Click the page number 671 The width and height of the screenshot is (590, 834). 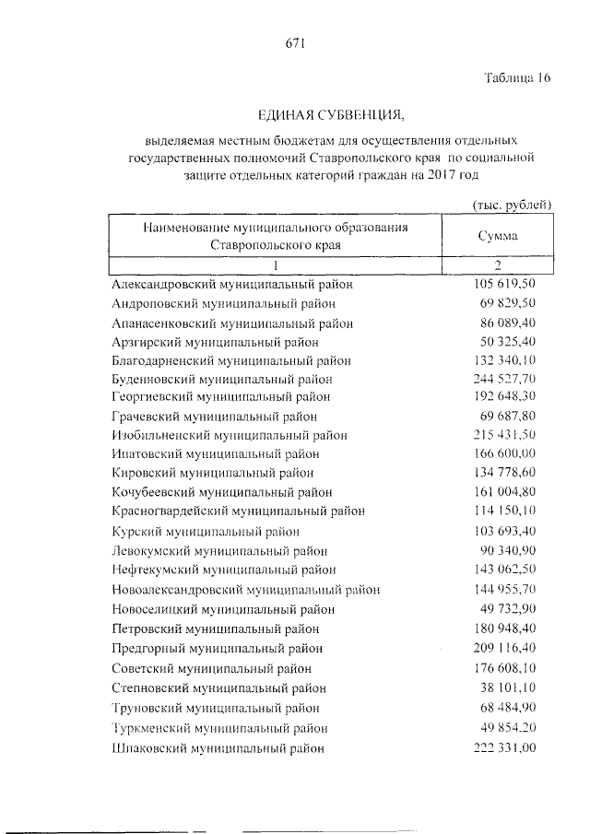pyautogui.click(x=294, y=41)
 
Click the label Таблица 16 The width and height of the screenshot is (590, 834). pyautogui.click(x=517, y=78)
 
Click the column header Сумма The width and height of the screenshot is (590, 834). pyautogui.click(x=498, y=236)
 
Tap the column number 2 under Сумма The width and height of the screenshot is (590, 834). pyautogui.click(x=497, y=267)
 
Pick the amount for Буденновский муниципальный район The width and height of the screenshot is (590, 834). pyautogui.click(x=503, y=378)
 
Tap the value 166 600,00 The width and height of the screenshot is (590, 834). pyautogui.click(x=503, y=453)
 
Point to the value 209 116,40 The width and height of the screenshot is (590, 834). pyautogui.click(x=503, y=648)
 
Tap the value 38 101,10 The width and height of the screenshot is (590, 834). pyautogui.click(x=507, y=687)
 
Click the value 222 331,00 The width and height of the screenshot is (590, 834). pyautogui.click(x=503, y=748)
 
